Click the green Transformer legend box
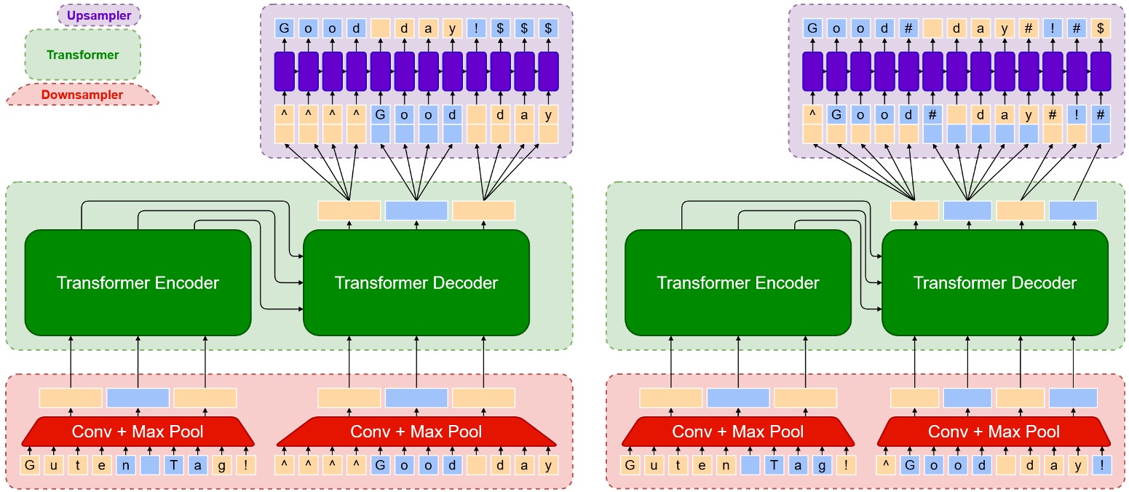82,55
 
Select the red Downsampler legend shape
82,95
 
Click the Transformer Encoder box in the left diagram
138,282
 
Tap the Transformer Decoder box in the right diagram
994,282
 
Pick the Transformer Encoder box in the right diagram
738,282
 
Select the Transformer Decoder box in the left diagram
416,282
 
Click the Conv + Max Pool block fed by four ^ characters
416,432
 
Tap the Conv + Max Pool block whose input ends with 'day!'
994,432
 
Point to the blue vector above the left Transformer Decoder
416,210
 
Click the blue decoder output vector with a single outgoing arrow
1072,210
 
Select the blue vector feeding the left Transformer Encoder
138,397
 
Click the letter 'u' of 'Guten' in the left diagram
54,464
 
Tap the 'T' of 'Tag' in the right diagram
774,464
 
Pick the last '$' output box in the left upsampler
548,29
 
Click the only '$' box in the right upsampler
1101,29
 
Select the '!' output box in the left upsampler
477,29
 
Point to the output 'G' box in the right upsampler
813,29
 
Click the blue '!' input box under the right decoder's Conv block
1101,464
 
